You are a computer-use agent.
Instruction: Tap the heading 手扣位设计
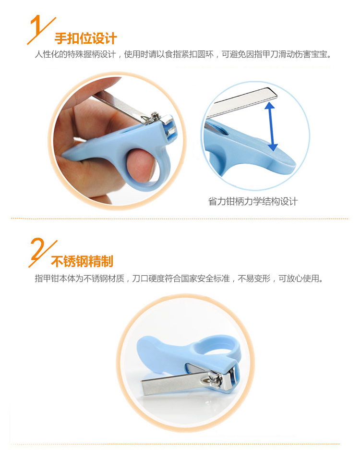point(86,38)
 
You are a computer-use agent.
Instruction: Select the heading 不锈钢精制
point(82,261)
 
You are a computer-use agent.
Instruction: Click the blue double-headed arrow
point(271,126)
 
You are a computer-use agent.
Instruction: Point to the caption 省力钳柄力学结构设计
point(252,201)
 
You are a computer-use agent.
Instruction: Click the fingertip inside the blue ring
point(140,164)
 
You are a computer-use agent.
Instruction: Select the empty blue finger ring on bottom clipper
point(217,345)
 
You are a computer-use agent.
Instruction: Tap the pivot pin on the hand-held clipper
point(155,115)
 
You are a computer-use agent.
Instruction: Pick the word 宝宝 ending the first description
point(319,54)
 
